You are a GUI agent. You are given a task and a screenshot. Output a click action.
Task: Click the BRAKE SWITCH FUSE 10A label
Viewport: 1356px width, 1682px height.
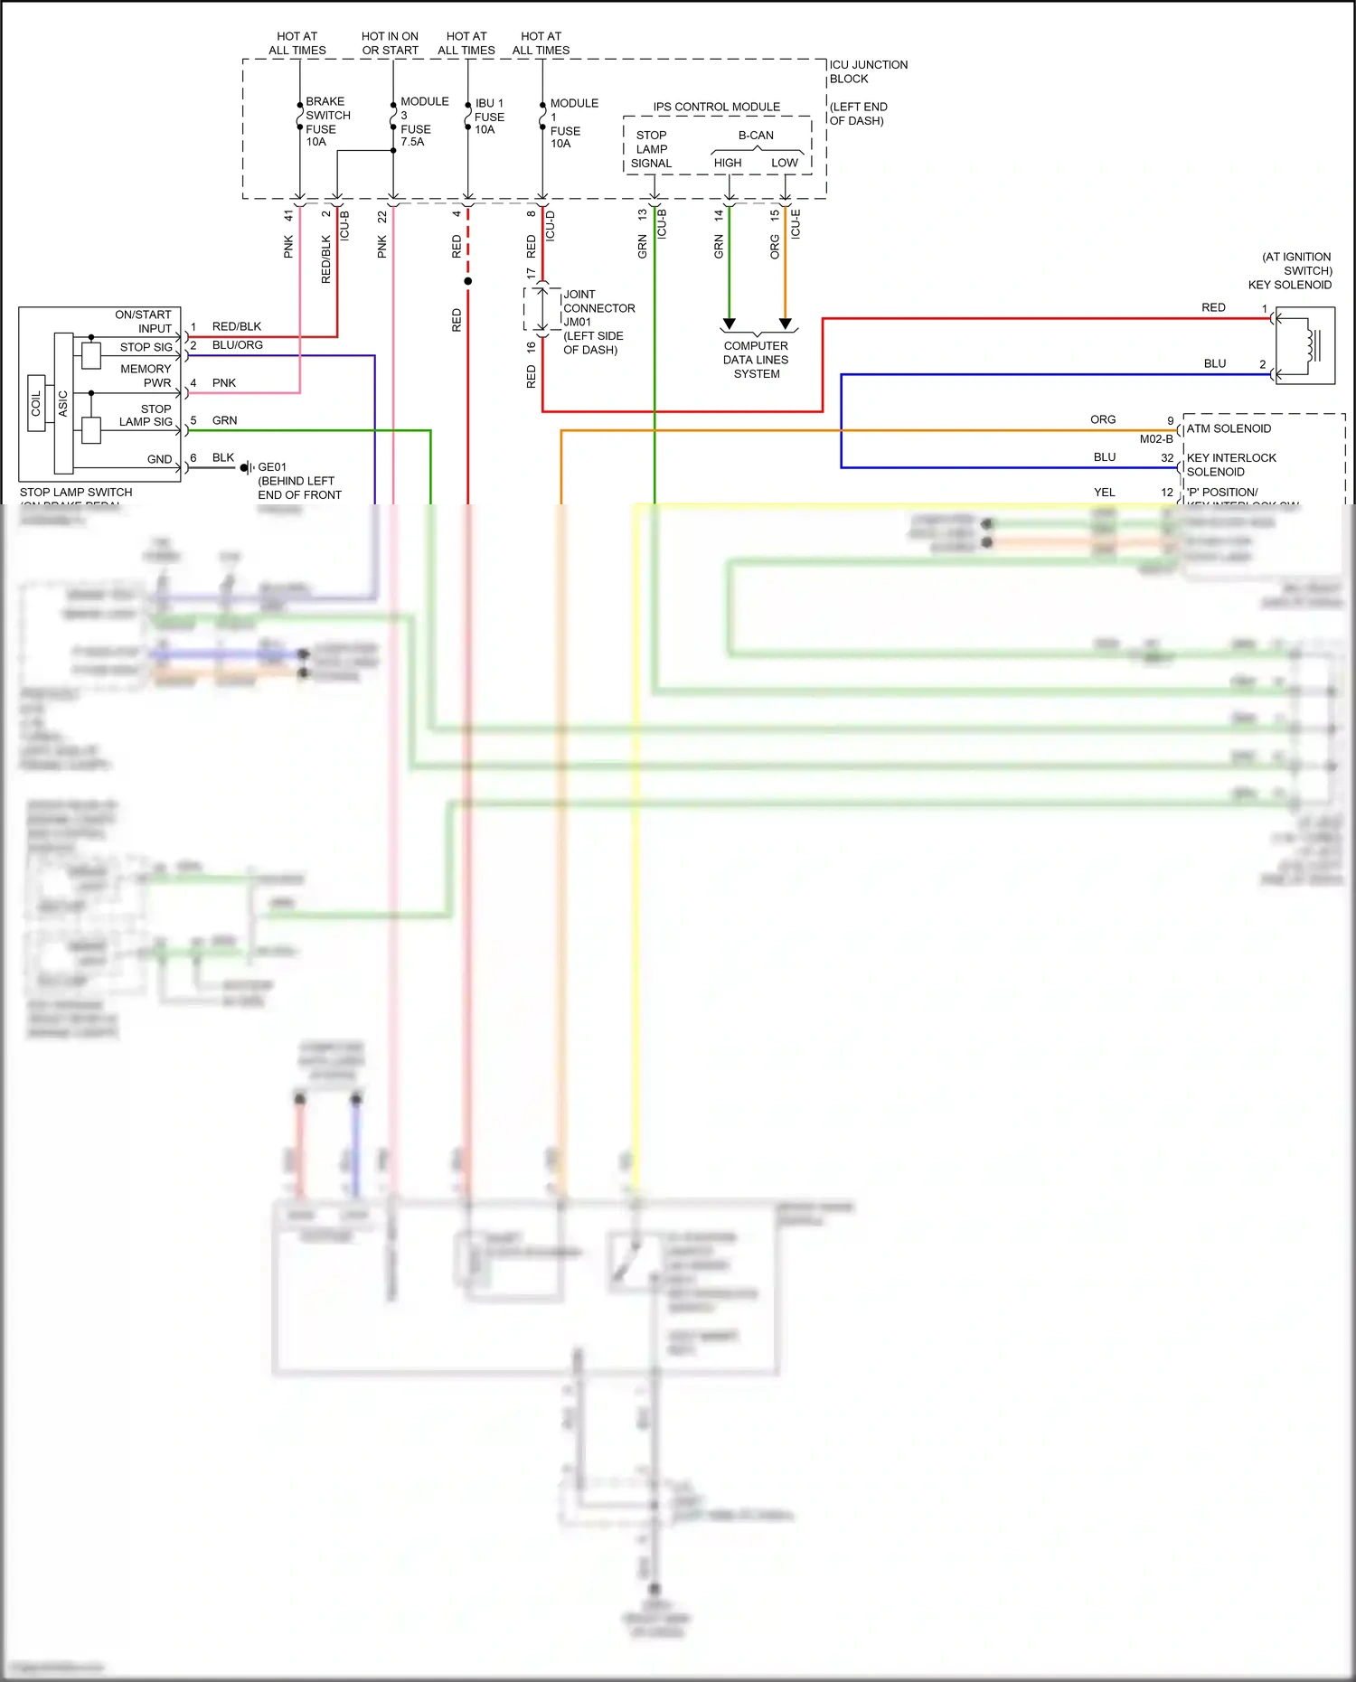327,121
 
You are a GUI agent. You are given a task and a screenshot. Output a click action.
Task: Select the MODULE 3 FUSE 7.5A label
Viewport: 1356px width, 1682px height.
423,121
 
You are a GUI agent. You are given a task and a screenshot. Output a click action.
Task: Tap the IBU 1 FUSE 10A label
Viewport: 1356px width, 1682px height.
489,117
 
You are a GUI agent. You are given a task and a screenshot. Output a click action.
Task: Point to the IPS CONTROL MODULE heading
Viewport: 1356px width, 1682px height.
716,107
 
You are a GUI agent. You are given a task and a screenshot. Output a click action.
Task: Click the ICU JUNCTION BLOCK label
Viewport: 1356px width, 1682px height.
868,71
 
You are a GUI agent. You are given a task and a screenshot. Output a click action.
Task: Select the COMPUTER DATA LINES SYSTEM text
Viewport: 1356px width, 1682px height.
756,360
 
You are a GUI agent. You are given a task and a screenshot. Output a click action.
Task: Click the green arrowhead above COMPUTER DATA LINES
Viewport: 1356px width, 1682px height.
729,324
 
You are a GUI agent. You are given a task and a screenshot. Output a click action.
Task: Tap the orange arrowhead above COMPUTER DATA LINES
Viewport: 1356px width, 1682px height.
785,324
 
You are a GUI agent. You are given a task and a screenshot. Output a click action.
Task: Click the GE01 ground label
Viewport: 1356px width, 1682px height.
272,467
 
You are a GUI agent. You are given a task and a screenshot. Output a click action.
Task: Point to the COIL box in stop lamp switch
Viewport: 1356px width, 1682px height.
36,403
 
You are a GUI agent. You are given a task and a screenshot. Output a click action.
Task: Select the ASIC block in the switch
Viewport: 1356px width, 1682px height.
63,403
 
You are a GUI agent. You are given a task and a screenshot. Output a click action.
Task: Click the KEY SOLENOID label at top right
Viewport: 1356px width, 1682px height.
1289,285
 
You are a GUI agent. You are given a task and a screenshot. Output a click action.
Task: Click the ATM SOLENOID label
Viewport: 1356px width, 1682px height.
1228,428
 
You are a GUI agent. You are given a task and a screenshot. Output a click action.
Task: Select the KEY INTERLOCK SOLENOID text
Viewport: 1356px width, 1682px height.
1230,465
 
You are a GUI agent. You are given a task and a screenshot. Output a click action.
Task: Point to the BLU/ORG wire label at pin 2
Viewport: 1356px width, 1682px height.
237,345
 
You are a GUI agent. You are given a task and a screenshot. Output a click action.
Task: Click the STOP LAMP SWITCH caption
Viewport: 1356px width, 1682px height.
76,493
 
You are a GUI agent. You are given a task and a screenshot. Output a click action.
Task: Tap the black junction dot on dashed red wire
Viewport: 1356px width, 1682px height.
467,281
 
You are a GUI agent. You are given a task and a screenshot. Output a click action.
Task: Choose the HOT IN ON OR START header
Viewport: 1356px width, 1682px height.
390,43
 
